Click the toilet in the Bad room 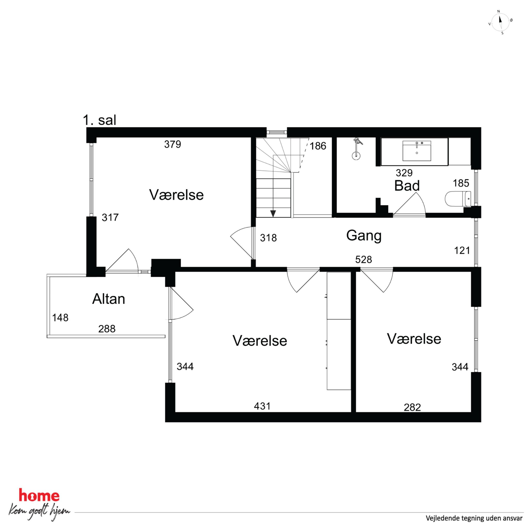pyautogui.click(x=457, y=199)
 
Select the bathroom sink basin pyautogui.click(x=417, y=151)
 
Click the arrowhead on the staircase pyautogui.click(x=273, y=214)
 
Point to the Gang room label pyautogui.click(x=364, y=236)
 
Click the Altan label pyautogui.click(x=109, y=299)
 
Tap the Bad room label pyautogui.click(x=407, y=186)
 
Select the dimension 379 pyautogui.click(x=172, y=144)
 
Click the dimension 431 pyautogui.click(x=262, y=406)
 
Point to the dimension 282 pyautogui.click(x=412, y=407)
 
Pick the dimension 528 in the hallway pyautogui.click(x=364, y=259)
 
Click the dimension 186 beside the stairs pyautogui.click(x=318, y=146)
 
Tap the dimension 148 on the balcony pyautogui.click(x=60, y=317)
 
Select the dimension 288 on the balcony pyautogui.click(x=107, y=329)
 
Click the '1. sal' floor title pyautogui.click(x=100, y=120)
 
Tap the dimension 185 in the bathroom pyautogui.click(x=461, y=183)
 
